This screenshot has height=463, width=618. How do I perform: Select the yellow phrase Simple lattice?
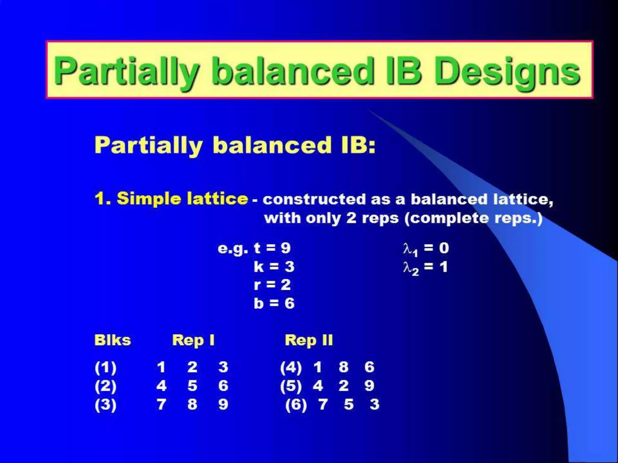[182, 199]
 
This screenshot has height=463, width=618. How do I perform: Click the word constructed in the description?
[314, 200]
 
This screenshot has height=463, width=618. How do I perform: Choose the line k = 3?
[274, 267]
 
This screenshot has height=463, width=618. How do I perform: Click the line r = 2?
[272, 285]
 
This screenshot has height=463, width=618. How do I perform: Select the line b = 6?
[274, 303]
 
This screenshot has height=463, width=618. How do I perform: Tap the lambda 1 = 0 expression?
[426, 249]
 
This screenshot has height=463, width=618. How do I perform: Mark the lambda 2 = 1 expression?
[425, 267]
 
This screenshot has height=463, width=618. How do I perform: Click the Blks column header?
[113, 340]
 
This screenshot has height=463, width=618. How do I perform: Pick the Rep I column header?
[193, 341]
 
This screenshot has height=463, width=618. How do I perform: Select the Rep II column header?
[309, 341]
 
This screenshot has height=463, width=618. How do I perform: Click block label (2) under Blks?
[105, 386]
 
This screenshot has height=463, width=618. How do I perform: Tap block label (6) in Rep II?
[296, 405]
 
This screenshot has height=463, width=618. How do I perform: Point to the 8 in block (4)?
[343, 367]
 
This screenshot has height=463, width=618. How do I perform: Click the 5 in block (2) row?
[192, 386]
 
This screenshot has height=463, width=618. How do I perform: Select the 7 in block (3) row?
[161, 405]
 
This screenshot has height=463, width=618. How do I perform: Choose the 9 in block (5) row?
[369, 386]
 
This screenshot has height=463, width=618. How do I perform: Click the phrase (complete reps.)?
[473, 218]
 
